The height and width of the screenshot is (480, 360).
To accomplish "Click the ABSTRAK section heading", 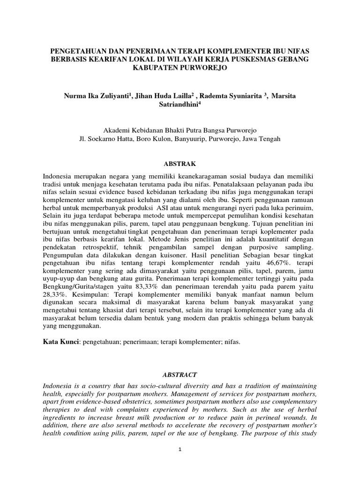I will coord(180,164).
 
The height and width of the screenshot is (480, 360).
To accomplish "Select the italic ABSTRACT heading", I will coord(180,375).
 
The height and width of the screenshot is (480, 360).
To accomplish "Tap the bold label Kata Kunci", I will coord(60,342).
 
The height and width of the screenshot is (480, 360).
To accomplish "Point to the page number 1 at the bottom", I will coord(180,449).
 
